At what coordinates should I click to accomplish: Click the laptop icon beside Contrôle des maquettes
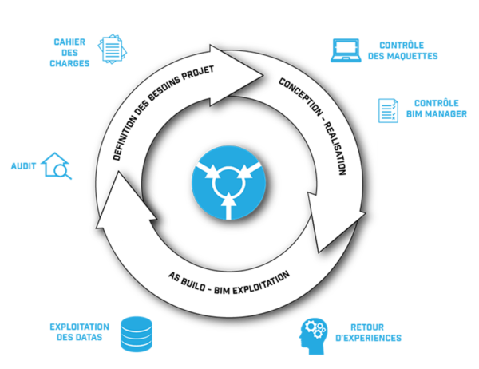(x=346, y=50)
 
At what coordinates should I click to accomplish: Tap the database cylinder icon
(x=137, y=334)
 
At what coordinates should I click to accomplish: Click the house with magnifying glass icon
(x=57, y=165)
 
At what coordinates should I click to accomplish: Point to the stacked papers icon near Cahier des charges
(x=112, y=49)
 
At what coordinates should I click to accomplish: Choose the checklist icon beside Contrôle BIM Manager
(x=388, y=110)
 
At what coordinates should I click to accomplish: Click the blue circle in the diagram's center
(x=229, y=183)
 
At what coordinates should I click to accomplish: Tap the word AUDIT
(x=23, y=166)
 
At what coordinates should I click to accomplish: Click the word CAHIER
(x=69, y=42)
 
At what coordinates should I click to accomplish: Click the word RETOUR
(x=367, y=327)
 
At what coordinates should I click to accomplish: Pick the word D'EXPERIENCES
(x=368, y=338)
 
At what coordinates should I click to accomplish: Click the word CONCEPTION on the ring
(x=301, y=97)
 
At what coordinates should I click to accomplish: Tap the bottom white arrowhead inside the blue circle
(x=228, y=200)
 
